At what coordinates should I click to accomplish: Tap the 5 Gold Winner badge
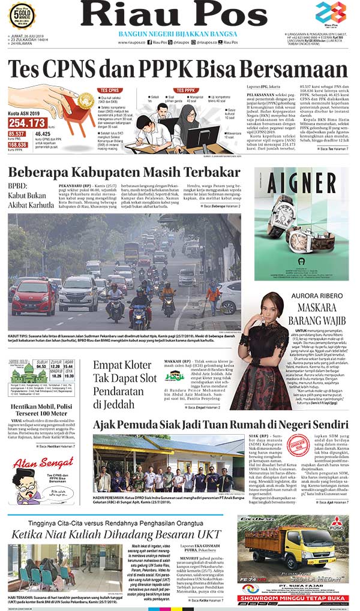tap(22, 14)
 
